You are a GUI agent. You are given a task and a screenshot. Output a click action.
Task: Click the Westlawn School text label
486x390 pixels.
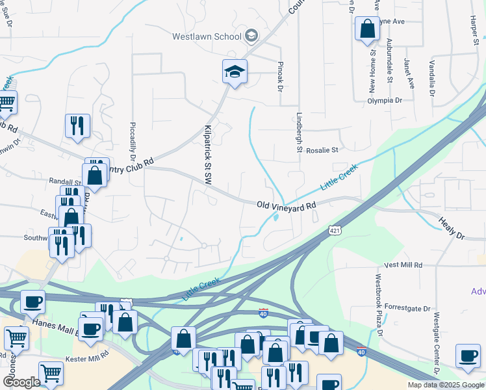pyautogui.click(x=207, y=36)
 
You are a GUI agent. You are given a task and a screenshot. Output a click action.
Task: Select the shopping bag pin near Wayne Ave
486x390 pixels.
pyautogui.click(x=367, y=29)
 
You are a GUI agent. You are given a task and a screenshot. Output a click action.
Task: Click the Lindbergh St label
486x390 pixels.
pyautogui.click(x=300, y=134)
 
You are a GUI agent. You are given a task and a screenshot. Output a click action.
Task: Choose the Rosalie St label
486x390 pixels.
pyautogui.click(x=323, y=149)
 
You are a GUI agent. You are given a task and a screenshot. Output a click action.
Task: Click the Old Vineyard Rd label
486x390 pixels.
pyautogui.click(x=286, y=205)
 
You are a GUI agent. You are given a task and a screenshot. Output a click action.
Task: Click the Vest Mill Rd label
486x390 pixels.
pyautogui.click(x=403, y=265)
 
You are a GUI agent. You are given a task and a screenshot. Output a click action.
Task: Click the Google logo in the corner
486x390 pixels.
pyautogui.click(x=21, y=383)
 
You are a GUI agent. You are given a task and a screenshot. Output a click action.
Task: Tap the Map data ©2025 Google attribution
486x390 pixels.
pyautogui.click(x=446, y=385)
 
